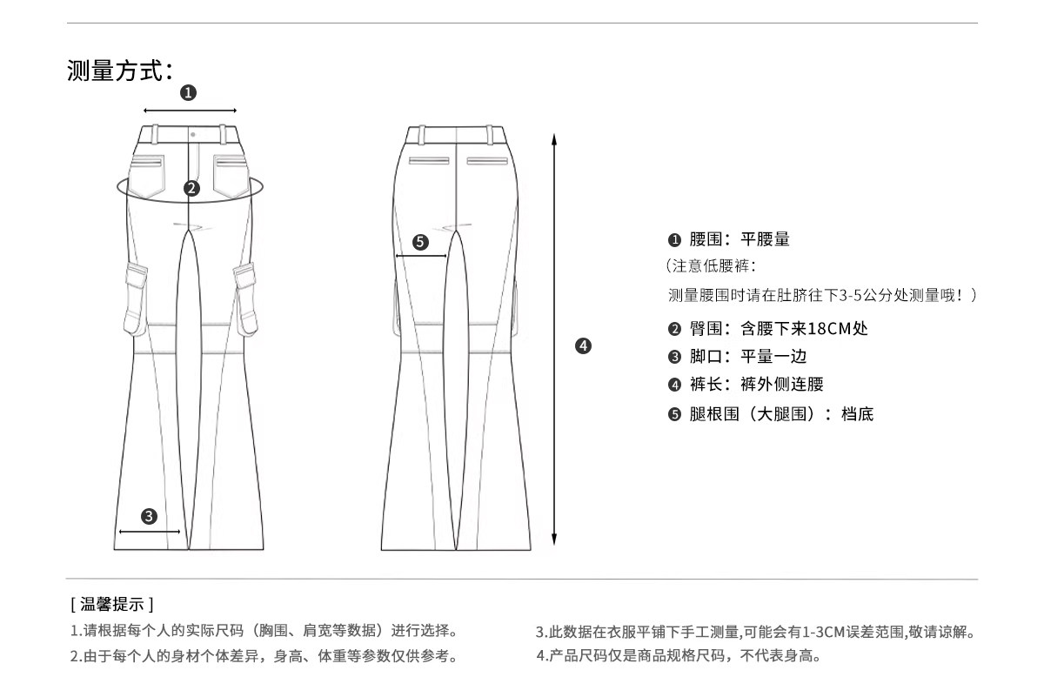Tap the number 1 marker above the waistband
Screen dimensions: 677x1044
click(189, 92)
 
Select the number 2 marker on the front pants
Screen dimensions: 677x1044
click(191, 187)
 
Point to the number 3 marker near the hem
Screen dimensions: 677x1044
click(149, 517)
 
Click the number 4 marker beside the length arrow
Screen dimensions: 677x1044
click(583, 345)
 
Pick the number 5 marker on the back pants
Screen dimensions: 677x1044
click(421, 242)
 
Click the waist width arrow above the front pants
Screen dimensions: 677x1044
click(190, 111)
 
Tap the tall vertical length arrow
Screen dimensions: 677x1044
click(554, 339)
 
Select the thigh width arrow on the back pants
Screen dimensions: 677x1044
click(421, 256)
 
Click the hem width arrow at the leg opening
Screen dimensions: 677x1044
click(149, 531)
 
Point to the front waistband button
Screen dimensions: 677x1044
click(191, 134)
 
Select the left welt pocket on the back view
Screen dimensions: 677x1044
click(429, 161)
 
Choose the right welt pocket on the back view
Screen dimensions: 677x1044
click(486, 161)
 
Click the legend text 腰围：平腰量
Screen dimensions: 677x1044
click(739, 239)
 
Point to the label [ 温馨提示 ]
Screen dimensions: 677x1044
click(112, 603)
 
